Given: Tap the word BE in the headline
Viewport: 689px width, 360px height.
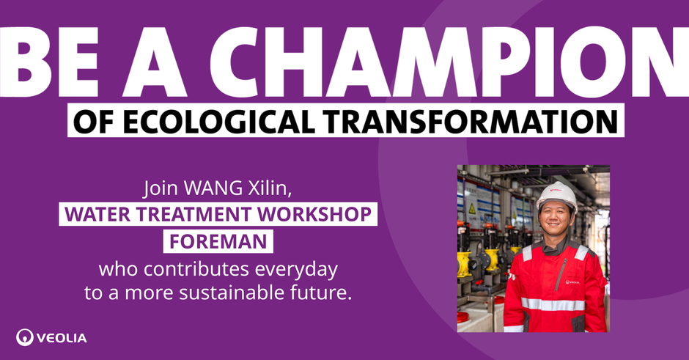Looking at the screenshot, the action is (x=49, y=62).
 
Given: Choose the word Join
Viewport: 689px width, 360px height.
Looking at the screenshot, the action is (x=161, y=188).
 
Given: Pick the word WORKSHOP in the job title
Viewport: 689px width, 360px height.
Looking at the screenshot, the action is (x=314, y=215).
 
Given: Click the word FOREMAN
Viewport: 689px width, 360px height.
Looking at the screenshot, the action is (x=218, y=242).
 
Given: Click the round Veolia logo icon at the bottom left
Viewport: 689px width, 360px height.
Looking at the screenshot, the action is (x=25, y=337).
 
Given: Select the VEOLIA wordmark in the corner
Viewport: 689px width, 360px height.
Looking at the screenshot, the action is (x=62, y=338).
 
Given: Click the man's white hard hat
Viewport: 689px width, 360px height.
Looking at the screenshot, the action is (x=556, y=196).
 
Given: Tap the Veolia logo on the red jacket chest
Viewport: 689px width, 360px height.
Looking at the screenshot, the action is (x=572, y=282).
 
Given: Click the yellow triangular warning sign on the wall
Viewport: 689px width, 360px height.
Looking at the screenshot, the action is (x=472, y=208).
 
